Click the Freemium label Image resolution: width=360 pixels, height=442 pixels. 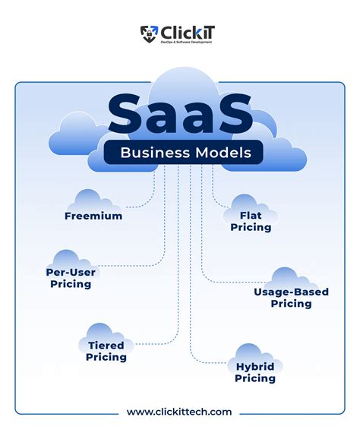[x=93, y=216]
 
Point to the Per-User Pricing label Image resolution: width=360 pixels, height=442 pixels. [x=71, y=276]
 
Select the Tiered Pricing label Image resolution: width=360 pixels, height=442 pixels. [x=106, y=350]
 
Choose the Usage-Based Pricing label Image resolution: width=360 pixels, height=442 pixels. [x=282, y=297]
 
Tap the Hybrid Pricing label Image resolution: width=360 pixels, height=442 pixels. [x=254, y=371]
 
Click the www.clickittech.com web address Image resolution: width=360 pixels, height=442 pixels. [x=179, y=411]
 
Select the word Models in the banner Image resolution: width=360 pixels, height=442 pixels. [x=227, y=153]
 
